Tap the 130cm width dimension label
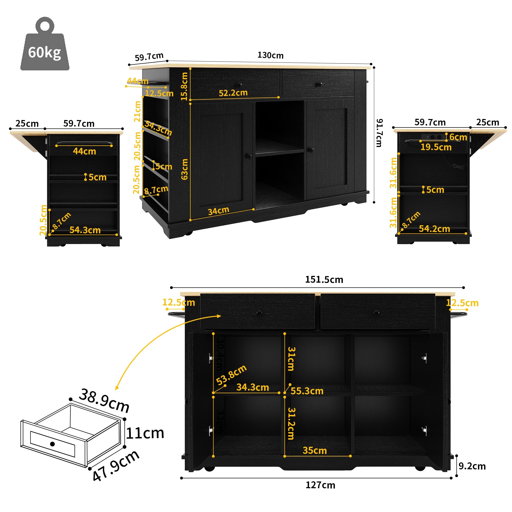270,55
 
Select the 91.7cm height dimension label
379,133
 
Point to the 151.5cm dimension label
324,280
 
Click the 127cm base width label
320,485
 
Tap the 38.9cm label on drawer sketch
104,400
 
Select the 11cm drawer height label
145,433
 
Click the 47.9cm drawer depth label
116,466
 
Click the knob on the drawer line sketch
52,444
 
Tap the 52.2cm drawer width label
233,93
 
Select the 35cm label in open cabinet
315,451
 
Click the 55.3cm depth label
307,391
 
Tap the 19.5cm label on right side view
436,147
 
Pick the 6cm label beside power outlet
458,137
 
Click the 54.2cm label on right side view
434,229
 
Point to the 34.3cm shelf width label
252,387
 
